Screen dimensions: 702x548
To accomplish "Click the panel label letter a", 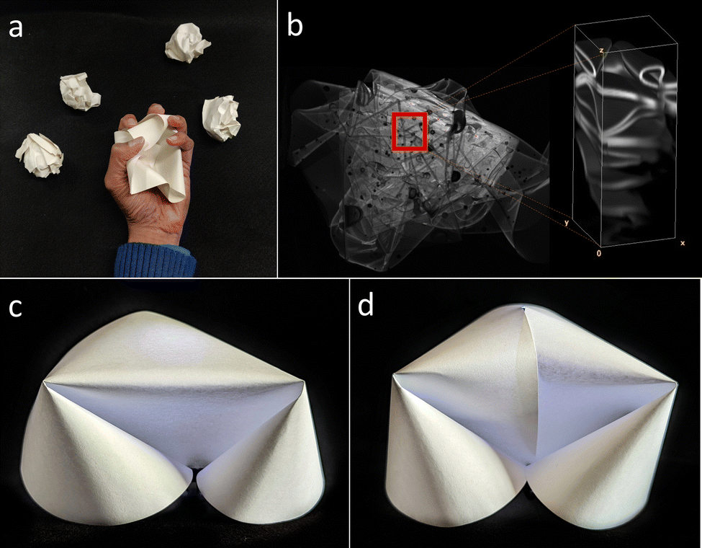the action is (x=16, y=28).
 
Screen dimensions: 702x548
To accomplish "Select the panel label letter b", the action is (x=294, y=25).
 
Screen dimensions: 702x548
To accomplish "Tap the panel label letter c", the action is (x=15, y=307).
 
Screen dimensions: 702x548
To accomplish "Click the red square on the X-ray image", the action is (x=410, y=131).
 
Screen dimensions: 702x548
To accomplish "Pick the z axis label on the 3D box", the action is (x=601, y=50).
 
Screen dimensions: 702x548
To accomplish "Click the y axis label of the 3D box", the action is (x=567, y=222).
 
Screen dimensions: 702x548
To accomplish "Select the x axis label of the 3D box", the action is (x=683, y=242).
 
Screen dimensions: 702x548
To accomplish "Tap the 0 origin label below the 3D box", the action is (x=598, y=254).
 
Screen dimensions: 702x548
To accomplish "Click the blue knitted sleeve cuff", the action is (x=156, y=260).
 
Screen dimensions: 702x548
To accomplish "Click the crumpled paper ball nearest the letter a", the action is (x=80, y=91).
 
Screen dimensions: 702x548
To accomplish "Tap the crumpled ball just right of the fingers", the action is (x=222, y=118).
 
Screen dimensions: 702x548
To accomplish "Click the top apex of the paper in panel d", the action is (x=523, y=308).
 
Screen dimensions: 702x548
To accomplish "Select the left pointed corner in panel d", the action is (x=394, y=376).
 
